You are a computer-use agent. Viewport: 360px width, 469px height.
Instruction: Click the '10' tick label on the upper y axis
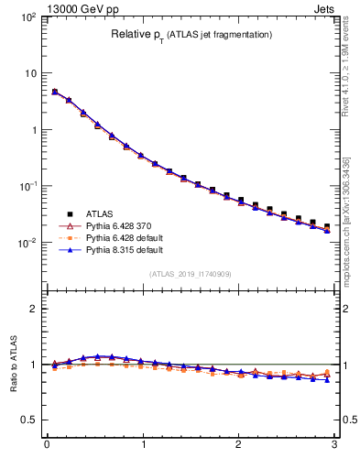pyautogui.click(x=29, y=72)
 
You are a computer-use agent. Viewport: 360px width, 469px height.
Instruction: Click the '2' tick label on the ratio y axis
pyautogui.click(x=33, y=309)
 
